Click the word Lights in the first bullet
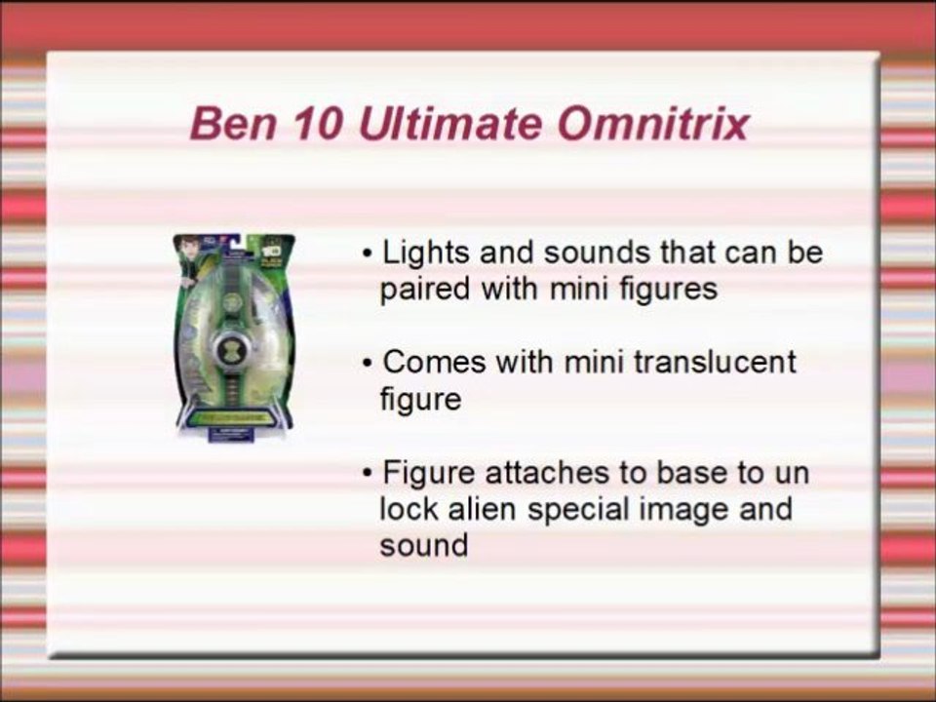point(424,253)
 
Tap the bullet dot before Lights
point(368,254)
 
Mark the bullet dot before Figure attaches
point(368,475)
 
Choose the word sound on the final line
point(423,544)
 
